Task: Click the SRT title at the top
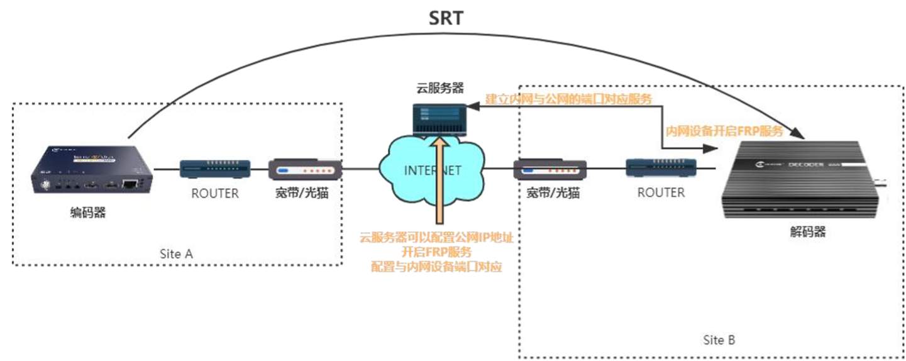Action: click(x=445, y=18)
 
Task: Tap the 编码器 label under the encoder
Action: click(x=87, y=213)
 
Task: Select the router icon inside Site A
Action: click(x=215, y=169)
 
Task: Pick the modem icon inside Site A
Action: click(x=305, y=170)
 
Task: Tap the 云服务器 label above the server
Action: click(x=439, y=87)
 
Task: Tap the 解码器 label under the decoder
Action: click(x=807, y=232)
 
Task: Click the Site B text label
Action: click(x=719, y=340)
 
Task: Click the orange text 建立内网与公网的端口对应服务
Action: click(x=568, y=99)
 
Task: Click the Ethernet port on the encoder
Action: click(x=131, y=184)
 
